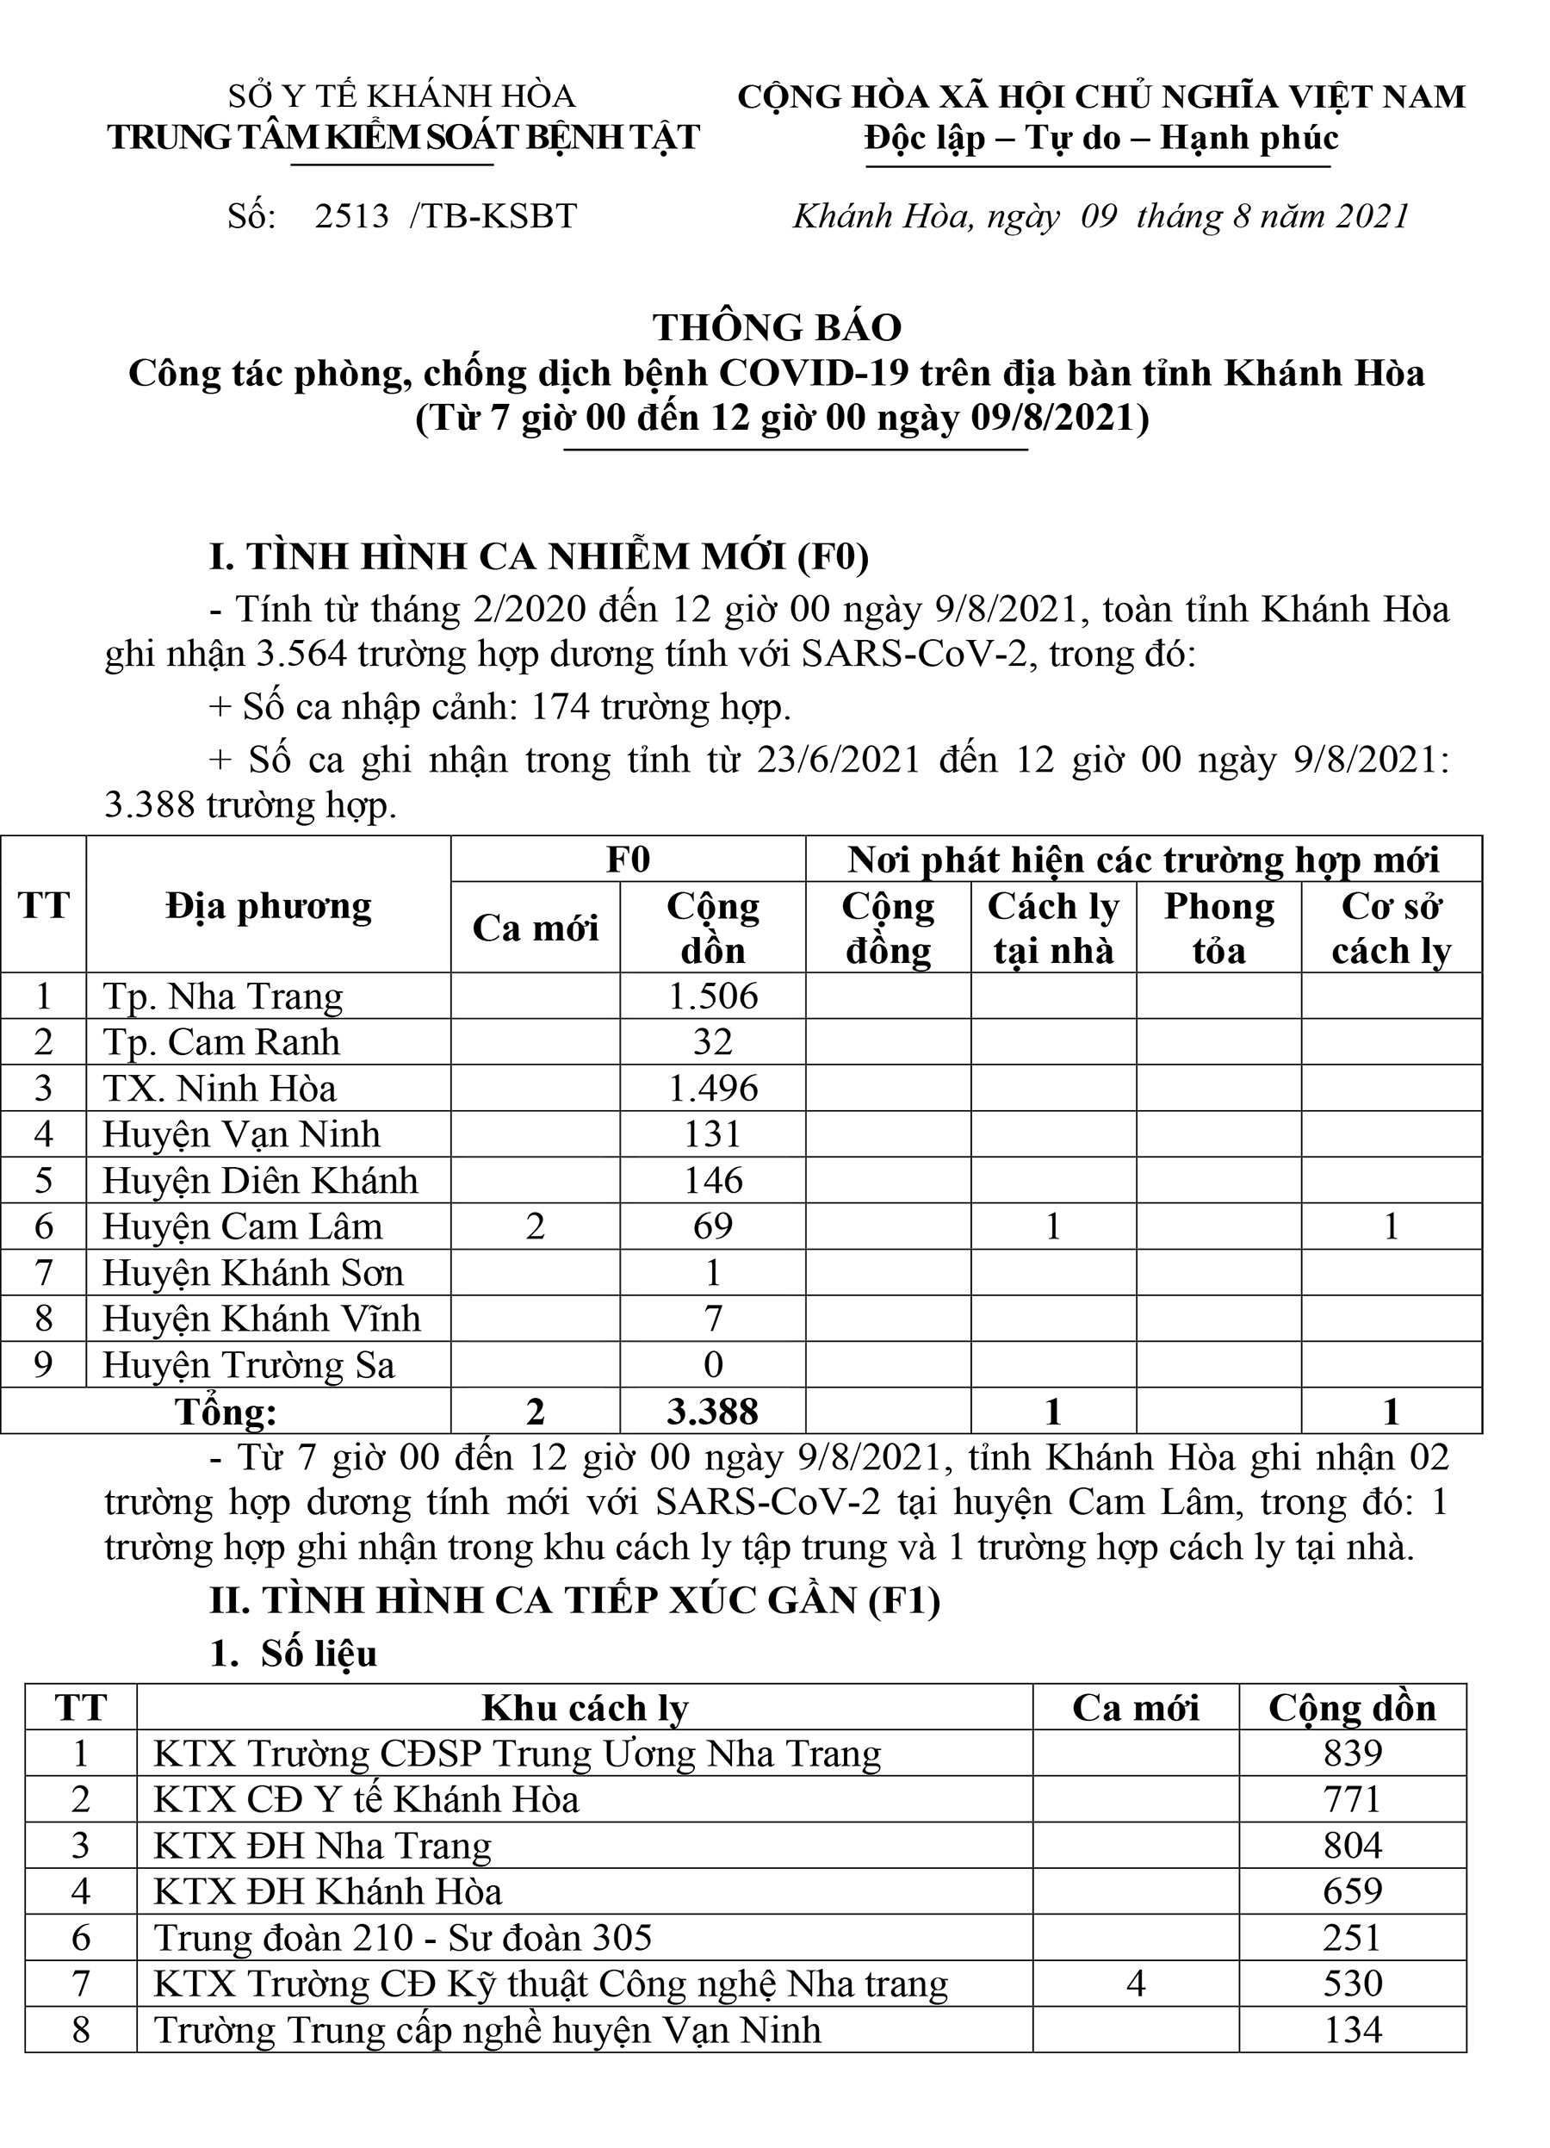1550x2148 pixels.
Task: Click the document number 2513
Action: click(x=351, y=217)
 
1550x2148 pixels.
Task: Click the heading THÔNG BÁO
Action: click(x=777, y=327)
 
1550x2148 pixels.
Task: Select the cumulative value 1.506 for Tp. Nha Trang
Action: click(x=713, y=996)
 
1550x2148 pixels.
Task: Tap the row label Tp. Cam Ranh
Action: click(x=221, y=1043)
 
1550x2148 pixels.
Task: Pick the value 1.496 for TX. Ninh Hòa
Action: click(x=713, y=1088)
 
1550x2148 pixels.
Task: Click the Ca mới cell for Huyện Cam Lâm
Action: click(x=535, y=1226)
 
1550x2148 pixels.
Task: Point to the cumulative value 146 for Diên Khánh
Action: click(x=713, y=1181)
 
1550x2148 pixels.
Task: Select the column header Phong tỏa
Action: click(x=1218, y=928)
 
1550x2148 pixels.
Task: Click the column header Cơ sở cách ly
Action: click(x=1391, y=928)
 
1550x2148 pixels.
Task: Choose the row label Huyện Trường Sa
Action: click(x=248, y=1366)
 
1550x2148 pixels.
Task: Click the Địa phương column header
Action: click(x=268, y=906)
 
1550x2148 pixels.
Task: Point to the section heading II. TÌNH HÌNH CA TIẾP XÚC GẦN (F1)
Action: click(x=574, y=1599)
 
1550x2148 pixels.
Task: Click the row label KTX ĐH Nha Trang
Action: click(x=323, y=1846)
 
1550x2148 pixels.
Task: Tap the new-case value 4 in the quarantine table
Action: click(x=1136, y=1984)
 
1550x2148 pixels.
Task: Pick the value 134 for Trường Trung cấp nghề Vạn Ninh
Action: click(x=1352, y=2030)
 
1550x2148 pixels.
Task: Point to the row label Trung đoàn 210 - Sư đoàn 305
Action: click(x=402, y=1938)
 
